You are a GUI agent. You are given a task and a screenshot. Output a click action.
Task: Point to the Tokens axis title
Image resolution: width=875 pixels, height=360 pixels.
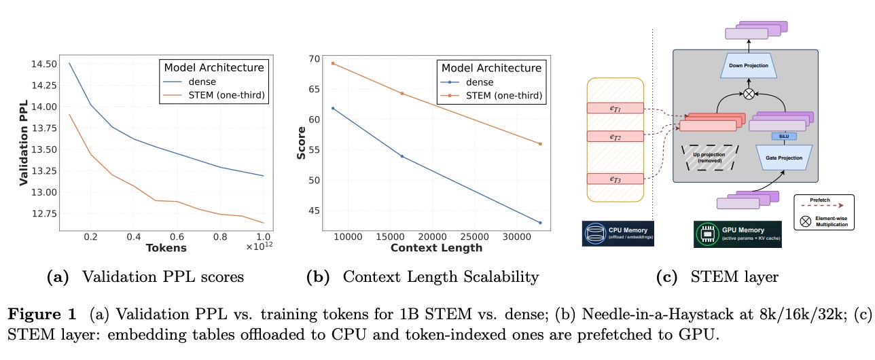tap(166, 248)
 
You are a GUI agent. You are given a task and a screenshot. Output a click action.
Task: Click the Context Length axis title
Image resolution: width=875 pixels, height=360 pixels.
tap(436, 248)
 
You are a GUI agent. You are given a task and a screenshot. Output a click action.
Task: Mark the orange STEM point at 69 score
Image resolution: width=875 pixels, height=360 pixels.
tap(333, 63)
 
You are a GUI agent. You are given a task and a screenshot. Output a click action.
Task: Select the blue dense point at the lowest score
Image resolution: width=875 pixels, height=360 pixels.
tap(540, 223)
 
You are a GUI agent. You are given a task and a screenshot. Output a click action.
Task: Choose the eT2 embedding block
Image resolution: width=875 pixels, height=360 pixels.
tap(615, 137)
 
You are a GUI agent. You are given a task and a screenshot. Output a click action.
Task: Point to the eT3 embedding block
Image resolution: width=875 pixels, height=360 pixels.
tap(615, 179)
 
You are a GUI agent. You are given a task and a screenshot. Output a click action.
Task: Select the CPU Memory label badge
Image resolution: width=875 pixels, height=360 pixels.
tap(617, 232)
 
